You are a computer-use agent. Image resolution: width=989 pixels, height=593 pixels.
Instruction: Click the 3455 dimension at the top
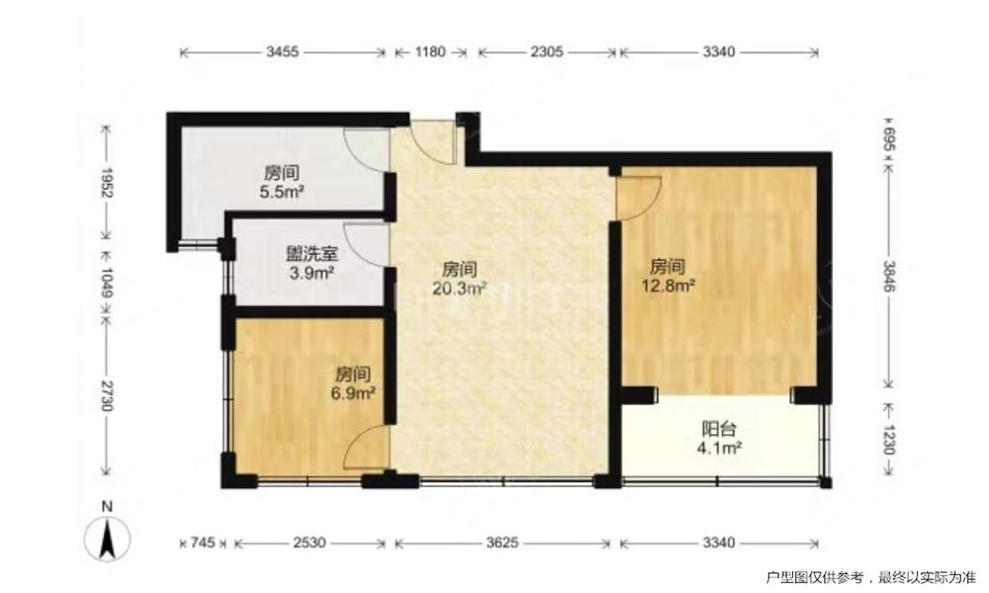[282, 52]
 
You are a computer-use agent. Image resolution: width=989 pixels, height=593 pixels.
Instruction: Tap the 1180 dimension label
[430, 52]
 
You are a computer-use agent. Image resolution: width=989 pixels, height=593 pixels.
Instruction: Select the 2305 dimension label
[546, 52]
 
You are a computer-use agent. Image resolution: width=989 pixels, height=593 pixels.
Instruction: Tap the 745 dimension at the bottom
[203, 542]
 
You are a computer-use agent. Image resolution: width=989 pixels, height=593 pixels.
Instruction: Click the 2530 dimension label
[309, 542]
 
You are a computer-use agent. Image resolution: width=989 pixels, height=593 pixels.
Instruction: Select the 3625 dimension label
[501, 542]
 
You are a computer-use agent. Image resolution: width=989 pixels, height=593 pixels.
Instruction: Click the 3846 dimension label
[888, 276]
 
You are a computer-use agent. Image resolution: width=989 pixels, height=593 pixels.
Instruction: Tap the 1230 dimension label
[888, 439]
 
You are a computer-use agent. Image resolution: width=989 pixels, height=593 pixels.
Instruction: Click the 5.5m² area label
[282, 191]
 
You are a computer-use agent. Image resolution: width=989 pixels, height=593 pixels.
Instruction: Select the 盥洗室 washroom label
[313, 254]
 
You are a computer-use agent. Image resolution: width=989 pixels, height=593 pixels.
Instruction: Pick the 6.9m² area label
[353, 394]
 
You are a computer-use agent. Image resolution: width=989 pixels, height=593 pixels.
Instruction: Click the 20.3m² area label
[459, 289]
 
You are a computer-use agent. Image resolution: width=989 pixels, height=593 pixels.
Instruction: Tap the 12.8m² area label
[668, 285]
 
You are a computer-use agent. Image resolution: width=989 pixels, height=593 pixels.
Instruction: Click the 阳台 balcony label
[719, 430]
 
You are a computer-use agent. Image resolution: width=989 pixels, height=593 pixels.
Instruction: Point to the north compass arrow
[108, 540]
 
